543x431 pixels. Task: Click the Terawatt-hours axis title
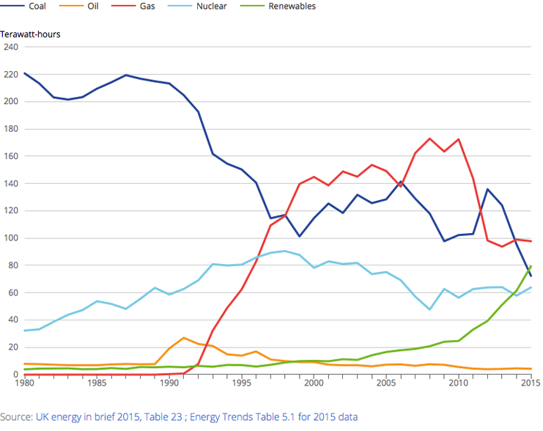click(x=30, y=34)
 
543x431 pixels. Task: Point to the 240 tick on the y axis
click(x=10, y=47)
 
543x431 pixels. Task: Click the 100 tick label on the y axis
click(x=10, y=238)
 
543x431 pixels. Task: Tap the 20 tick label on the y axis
click(x=12, y=347)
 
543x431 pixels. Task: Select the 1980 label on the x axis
click(x=26, y=383)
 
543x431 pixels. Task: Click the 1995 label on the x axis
click(x=241, y=383)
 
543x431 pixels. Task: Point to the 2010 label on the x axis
click(x=458, y=383)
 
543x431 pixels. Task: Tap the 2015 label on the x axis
click(x=529, y=383)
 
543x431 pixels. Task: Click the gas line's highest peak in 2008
click(x=429, y=139)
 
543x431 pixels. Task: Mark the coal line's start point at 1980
click(x=26, y=73)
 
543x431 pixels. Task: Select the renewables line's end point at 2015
click(x=530, y=267)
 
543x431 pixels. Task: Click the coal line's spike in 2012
click(x=487, y=189)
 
